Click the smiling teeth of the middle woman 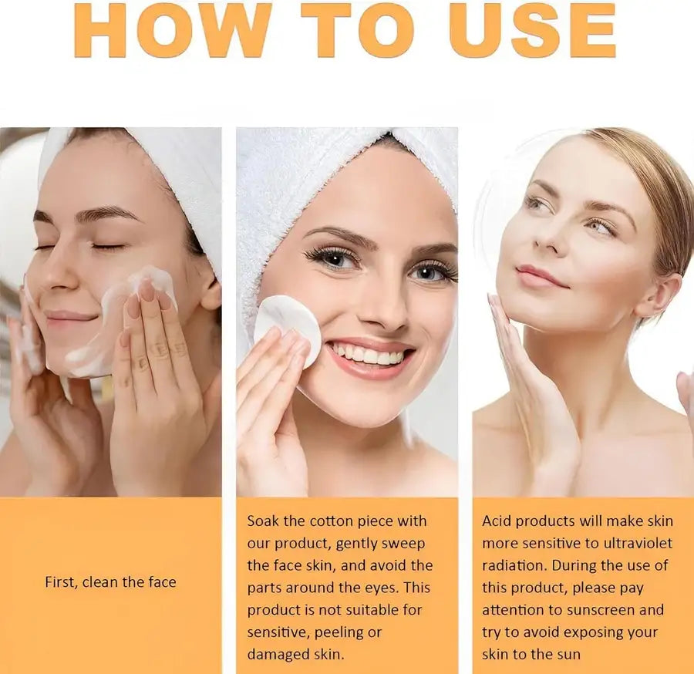click(371, 356)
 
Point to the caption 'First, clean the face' click(110, 582)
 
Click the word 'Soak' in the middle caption click(264, 521)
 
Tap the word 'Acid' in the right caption click(497, 521)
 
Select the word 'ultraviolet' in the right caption click(631, 544)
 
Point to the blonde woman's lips click(537, 276)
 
